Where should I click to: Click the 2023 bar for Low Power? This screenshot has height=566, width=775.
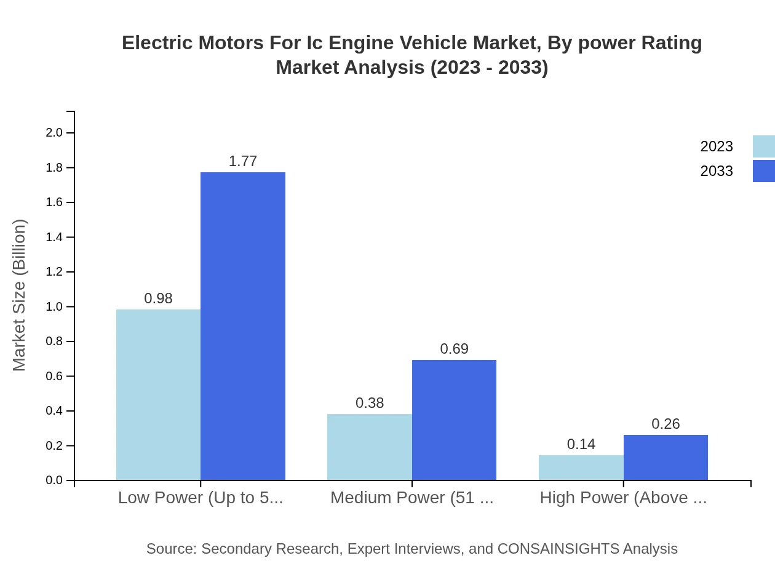(158, 394)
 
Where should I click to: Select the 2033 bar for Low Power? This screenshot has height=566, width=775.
(243, 326)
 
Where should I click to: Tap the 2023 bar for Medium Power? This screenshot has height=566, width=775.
(369, 447)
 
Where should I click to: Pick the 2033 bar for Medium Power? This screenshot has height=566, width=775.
(454, 420)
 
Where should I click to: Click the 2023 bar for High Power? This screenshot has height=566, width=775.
(581, 468)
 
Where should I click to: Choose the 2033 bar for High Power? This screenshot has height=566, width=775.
(666, 457)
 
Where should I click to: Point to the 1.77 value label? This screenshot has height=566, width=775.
(243, 161)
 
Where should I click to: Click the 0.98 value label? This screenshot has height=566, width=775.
(158, 298)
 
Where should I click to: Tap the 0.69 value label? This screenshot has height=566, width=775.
(454, 349)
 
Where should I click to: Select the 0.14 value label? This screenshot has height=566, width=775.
(581, 444)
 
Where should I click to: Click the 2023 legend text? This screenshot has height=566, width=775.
(717, 146)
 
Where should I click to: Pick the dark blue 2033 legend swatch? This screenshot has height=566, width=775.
(763, 171)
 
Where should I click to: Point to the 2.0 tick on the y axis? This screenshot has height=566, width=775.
(54, 132)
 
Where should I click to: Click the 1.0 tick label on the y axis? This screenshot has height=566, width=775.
(54, 306)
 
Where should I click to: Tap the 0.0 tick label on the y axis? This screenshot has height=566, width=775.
(54, 480)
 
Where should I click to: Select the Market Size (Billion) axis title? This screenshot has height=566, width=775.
(19, 295)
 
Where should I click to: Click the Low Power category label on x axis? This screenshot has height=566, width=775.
(201, 498)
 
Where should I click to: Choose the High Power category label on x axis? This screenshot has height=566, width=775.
(623, 498)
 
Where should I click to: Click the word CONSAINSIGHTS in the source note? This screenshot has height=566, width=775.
(558, 549)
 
